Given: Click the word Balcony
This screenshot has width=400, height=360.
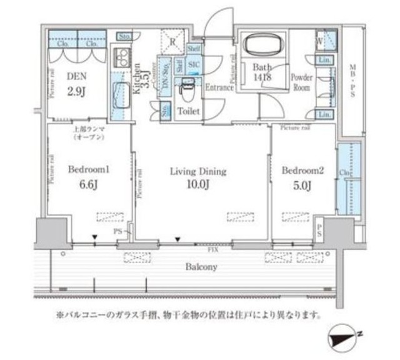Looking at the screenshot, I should (x=200, y=267).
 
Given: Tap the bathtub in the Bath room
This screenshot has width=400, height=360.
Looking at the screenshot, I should (x=261, y=46).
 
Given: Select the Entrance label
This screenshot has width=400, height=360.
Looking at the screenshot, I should (x=219, y=87).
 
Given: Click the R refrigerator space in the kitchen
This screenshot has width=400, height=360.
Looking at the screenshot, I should (x=172, y=41).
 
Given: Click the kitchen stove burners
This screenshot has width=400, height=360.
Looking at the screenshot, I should (x=120, y=59).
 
